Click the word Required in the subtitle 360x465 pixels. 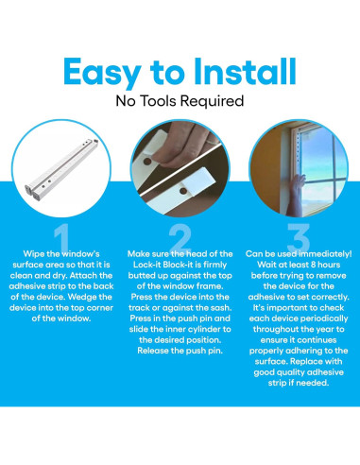tap(213, 102)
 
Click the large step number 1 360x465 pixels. tap(62, 237)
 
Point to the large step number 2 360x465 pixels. tap(180, 237)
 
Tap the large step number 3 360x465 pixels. tap(299, 237)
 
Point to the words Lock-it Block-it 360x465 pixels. tap(180, 265)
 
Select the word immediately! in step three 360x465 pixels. tap(325, 254)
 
